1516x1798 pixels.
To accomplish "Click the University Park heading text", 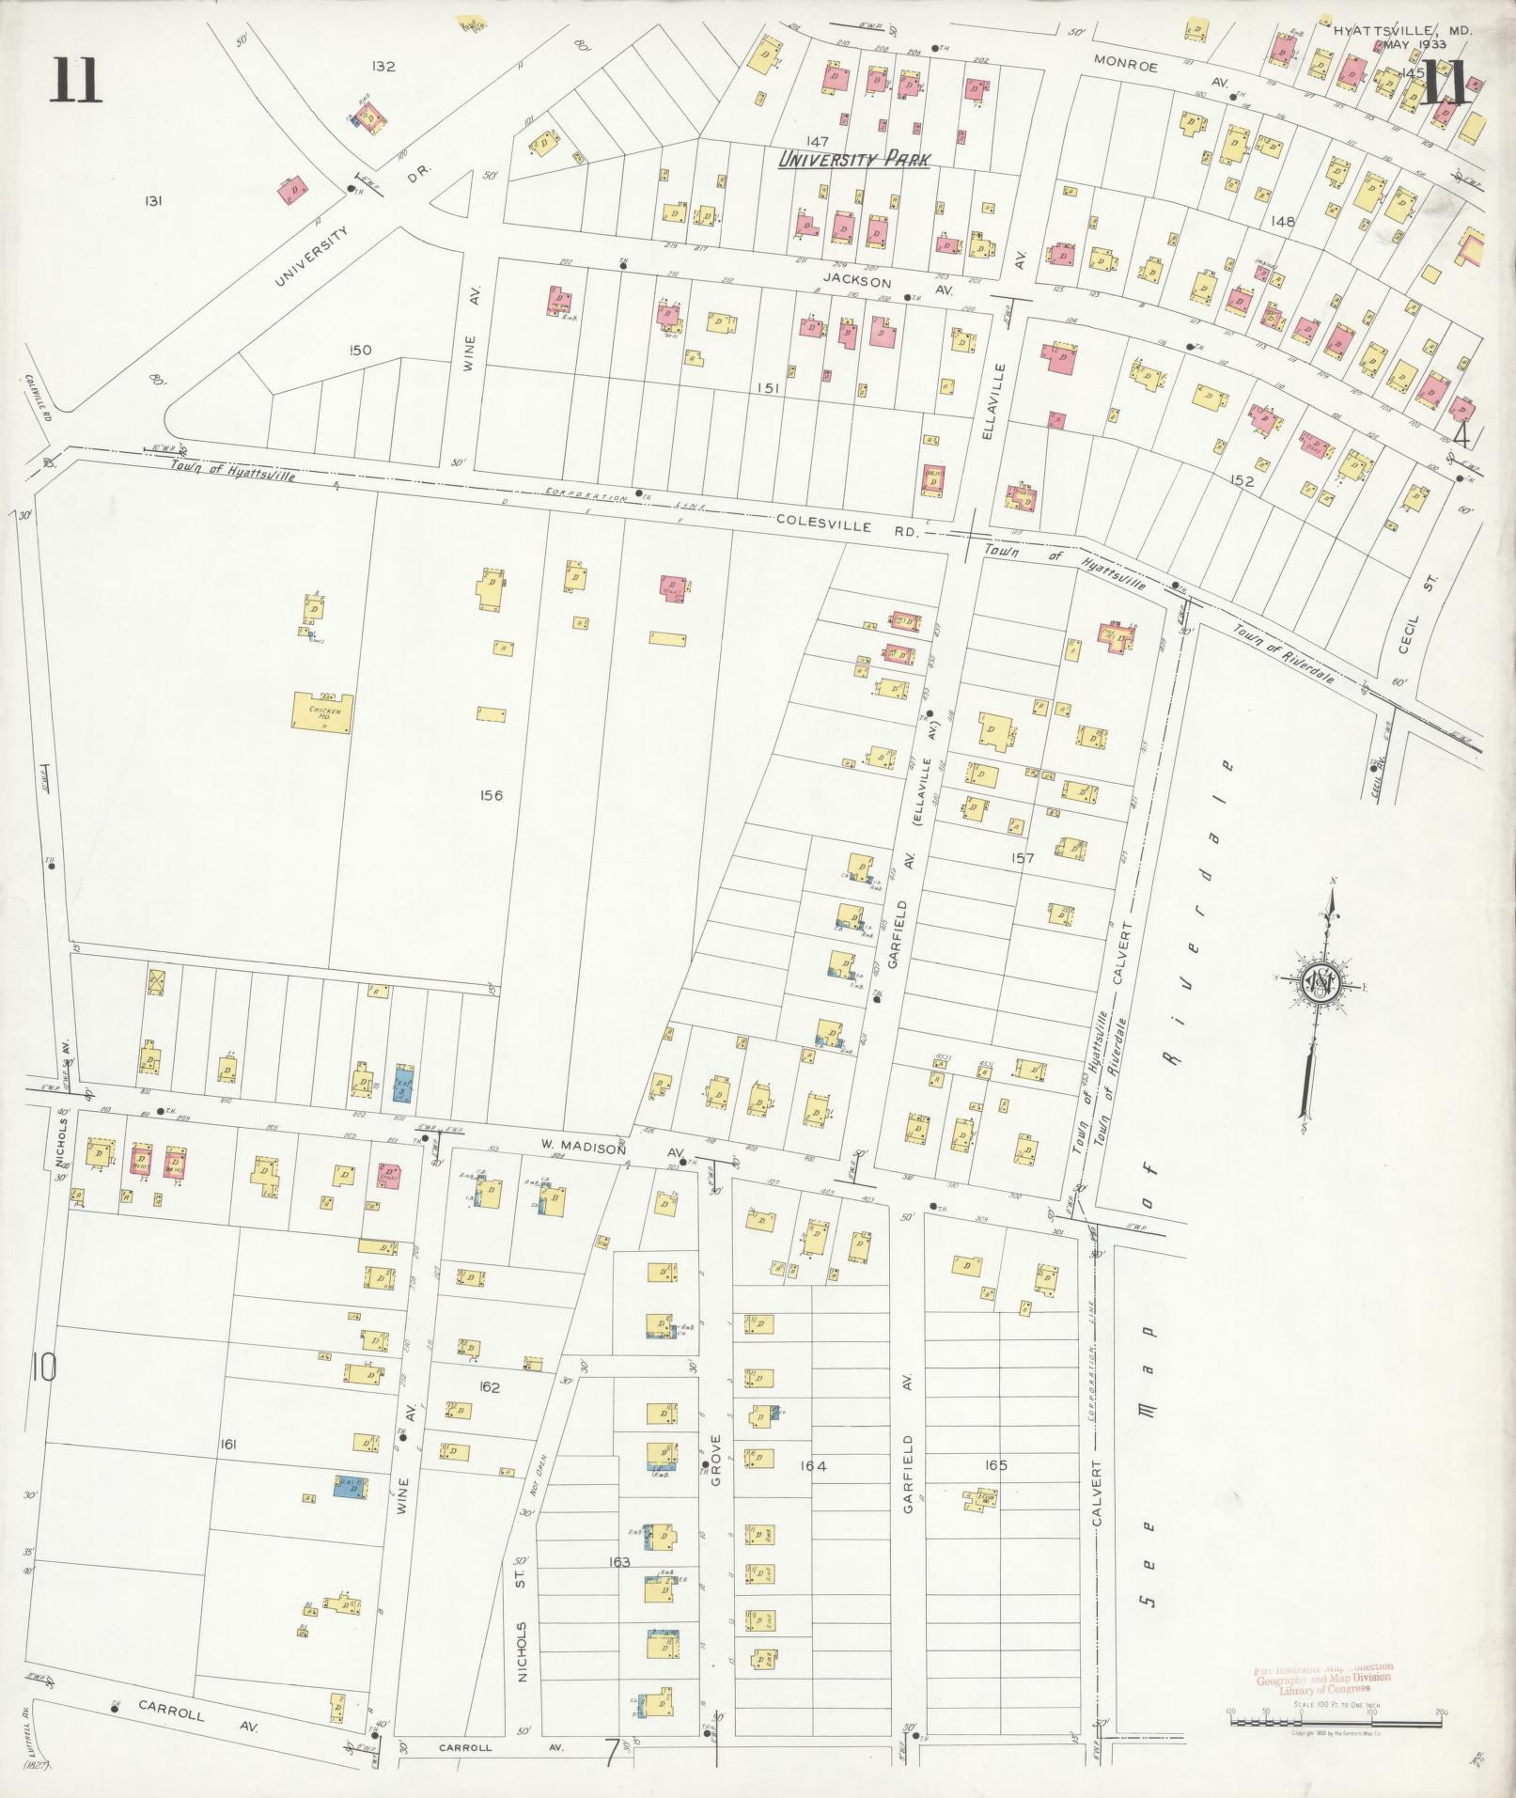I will pos(853,161).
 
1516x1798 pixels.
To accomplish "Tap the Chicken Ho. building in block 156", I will pos(323,712).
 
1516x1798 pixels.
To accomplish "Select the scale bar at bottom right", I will pos(1336,1722).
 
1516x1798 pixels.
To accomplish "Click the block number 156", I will pos(491,795).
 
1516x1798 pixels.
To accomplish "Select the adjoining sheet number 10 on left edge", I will pos(42,1368).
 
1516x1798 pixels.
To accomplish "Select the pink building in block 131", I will pos(294,190).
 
